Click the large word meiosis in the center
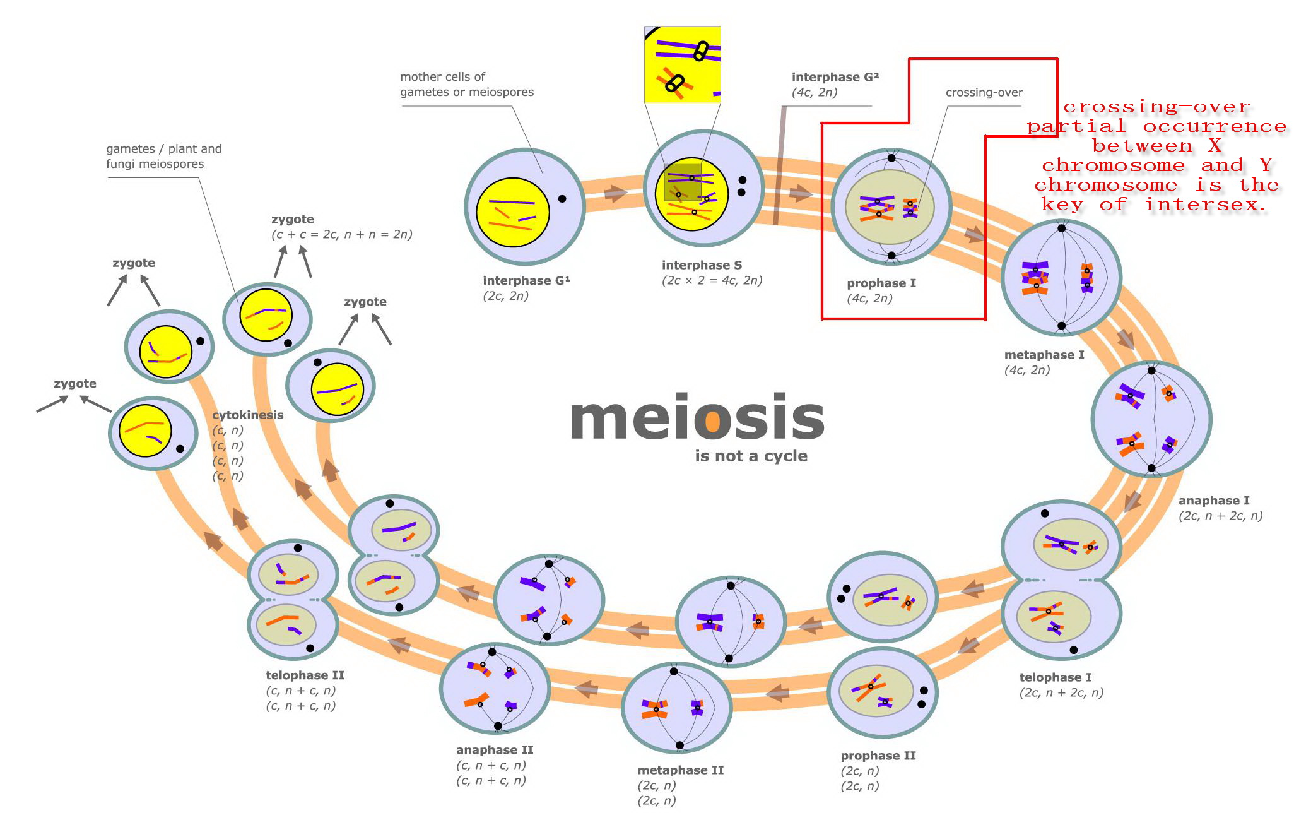click(x=697, y=417)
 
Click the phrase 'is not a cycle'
click(x=751, y=456)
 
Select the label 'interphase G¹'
click(x=526, y=280)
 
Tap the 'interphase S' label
click(x=702, y=265)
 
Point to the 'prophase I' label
click(x=881, y=283)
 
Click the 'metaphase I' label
click(x=1044, y=355)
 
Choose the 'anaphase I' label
click(x=1214, y=501)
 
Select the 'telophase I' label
click(x=1055, y=677)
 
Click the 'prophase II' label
click(x=878, y=756)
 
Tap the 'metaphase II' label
click(x=680, y=770)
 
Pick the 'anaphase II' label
click(x=495, y=750)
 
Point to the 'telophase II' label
click(x=305, y=675)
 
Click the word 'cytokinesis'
click(x=248, y=415)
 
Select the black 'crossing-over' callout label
click(x=984, y=93)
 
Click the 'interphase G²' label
click(x=835, y=77)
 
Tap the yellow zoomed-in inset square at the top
click(x=682, y=64)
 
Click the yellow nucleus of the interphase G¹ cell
click(x=512, y=212)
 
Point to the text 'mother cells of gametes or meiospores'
click(x=466, y=85)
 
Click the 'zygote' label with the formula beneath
click(x=293, y=219)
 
